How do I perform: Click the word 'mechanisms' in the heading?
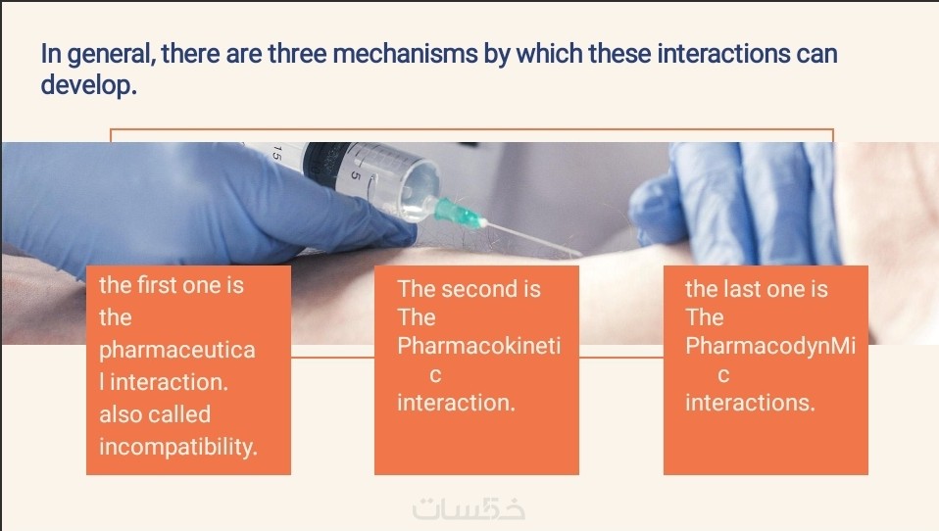pyautogui.click(x=405, y=54)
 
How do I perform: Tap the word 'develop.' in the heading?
pyautogui.click(x=88, y=84)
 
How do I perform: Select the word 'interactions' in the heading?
pyautogui.click(x=723, y=54)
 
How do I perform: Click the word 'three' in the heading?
pyautogui.click(x=297, y=54)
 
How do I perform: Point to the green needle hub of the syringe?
pyautogui.click(x=459, y=214)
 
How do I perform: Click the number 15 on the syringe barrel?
pyautogui.click(x=276, y=152)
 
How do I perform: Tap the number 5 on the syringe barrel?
pyautogui.click(x=356, y=175)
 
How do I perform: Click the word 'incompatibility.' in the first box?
pyautogui.click(x=177, y=447)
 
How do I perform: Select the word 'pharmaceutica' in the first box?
pyautogui.click(x=177, y=350)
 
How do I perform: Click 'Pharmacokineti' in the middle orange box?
pyautogui.click(x=479, y=346)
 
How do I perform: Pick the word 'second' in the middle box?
pyautogui.click(x=478, y=289)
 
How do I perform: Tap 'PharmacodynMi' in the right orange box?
pyautogui.click(x=770, y=346)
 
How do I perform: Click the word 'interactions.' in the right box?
pyautogui.click(x=750, y=403)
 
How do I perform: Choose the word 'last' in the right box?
pyautogui.click(x=741, y=289)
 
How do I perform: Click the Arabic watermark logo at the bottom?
pyautogui.click(x=469, y=508)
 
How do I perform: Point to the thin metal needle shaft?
pyautogui.click(x=532, y=239)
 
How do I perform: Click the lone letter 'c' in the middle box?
pyautogui.click(x=435, y=375)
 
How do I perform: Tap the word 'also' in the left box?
pyautogui.click(x=121, y=414)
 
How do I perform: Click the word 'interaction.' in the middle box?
pyautogui.click(x=456, y=403)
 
